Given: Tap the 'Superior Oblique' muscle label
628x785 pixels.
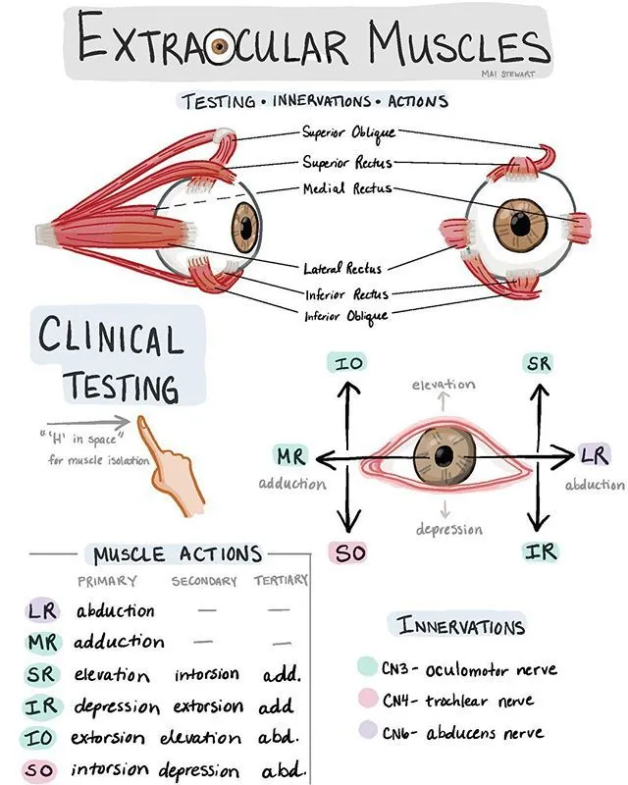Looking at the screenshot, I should click(x=348, y=131).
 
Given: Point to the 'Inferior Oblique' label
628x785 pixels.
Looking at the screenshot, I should click(x=345, y=315).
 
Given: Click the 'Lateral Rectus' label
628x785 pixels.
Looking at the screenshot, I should click(x=342, y=267).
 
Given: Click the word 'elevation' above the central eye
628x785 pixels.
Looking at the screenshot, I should click(x=444, y=384).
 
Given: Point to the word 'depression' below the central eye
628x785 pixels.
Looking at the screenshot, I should click(x=448, y=529).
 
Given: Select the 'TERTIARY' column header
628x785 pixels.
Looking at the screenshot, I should click(x=281, y=581).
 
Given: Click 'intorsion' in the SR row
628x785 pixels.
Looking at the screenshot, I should click(x=206, y=675).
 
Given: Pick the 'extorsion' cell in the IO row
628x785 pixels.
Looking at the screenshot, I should click(x=112, y=737).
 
